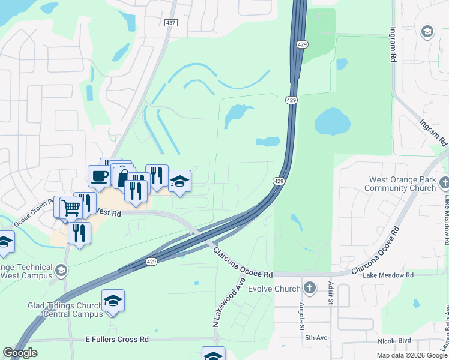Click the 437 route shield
tap(171, 22)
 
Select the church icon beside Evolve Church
tap(310, 289)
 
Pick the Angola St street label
tap(301, 316)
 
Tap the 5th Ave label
tap(316, 338)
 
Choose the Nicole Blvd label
tap(396, 341)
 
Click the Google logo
tap(20, 353)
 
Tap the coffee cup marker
tap(98, 176)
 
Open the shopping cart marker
tap(71, 207)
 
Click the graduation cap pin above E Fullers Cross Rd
tap(113, 301)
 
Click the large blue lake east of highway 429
tap(332, 122)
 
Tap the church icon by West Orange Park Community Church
tap(444, 182)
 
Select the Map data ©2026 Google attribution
tap(412, 355)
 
